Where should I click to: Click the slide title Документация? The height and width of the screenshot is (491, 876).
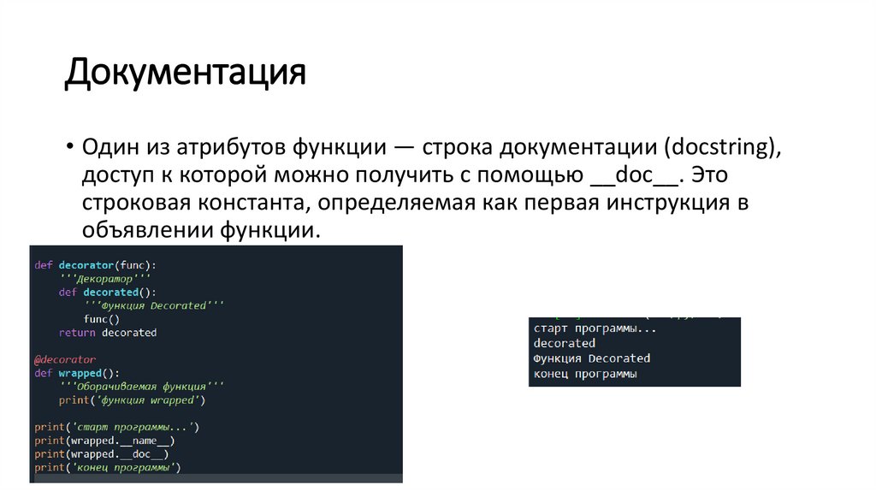point(186,72)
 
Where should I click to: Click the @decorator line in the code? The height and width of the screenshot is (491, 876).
point(65,359)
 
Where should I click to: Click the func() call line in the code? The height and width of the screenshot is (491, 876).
point(102,318)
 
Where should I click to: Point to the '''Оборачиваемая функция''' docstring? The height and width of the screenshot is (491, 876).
point(141,386)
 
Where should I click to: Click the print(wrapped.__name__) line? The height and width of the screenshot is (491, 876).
point(104,441)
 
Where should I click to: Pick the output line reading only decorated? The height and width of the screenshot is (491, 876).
point(564,343)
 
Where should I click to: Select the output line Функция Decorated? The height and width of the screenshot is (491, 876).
point(591,358)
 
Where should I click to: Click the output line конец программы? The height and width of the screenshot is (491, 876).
point(585,374)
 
